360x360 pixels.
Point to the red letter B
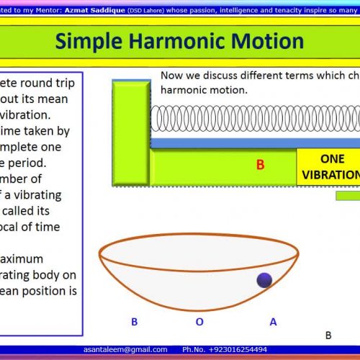pos(261,165)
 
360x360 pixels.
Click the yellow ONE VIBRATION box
pos(330,166)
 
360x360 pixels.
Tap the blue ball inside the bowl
pos(264,280)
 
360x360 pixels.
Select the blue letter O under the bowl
pos(199,322)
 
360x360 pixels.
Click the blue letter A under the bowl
pos(273,322)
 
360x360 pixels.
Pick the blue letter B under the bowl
pos(134,322)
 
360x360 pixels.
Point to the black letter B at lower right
pos(328,335)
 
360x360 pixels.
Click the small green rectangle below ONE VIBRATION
pos(348,195)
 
